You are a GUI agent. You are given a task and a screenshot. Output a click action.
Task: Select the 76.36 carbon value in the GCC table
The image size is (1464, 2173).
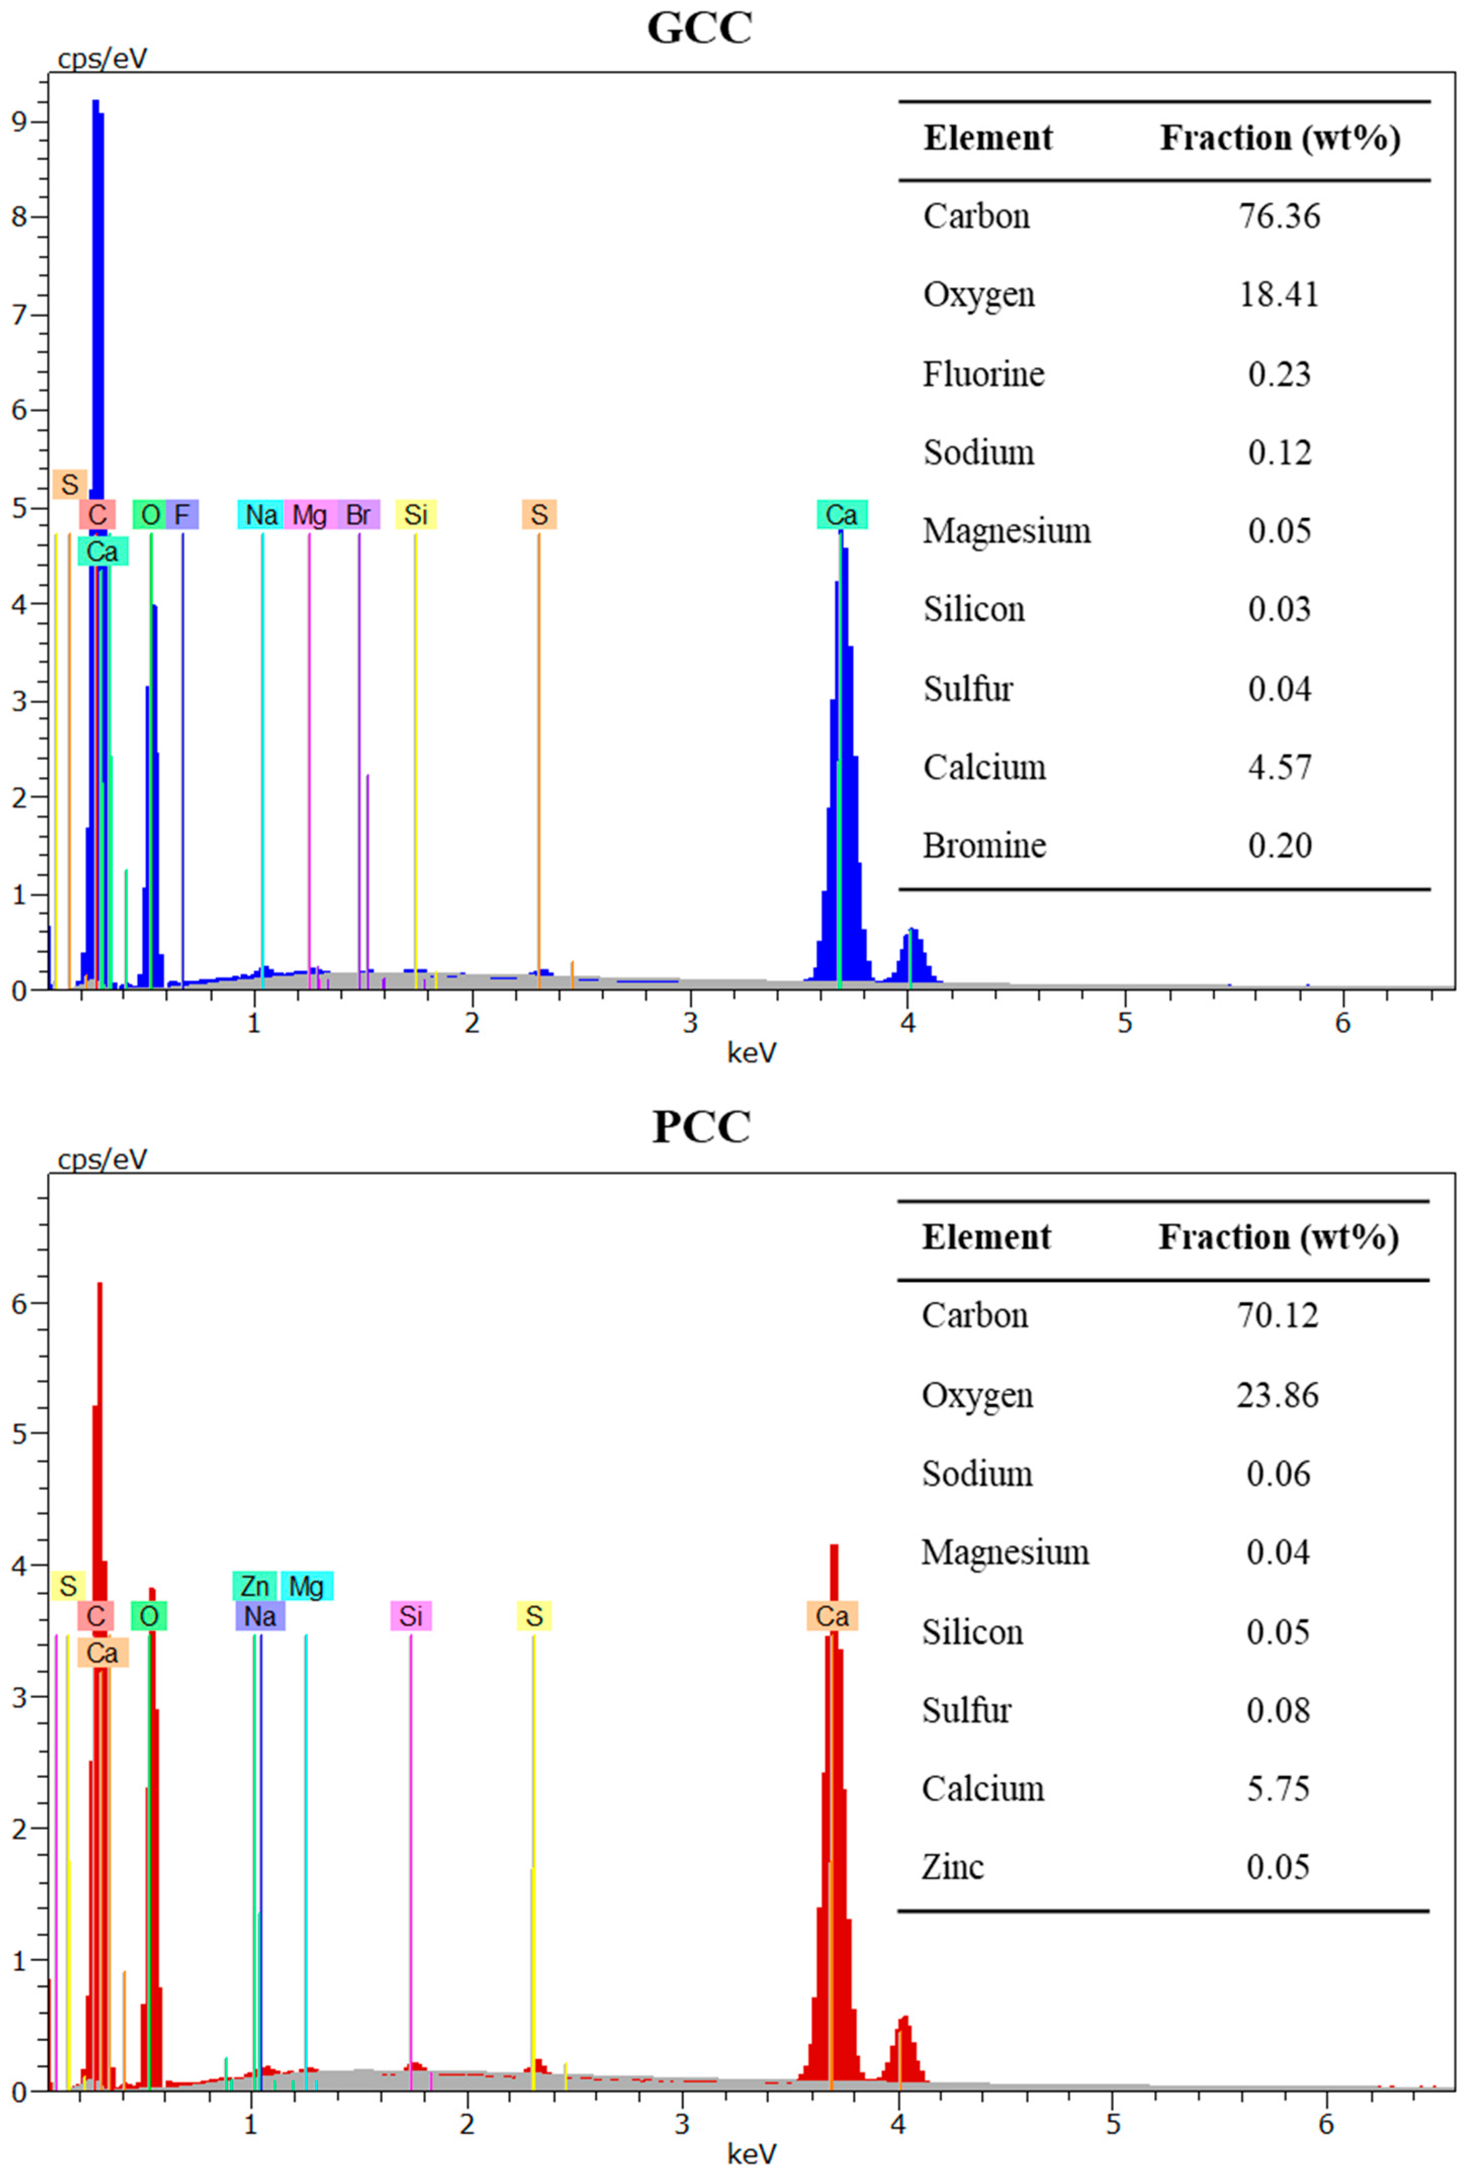tap(1279, 216)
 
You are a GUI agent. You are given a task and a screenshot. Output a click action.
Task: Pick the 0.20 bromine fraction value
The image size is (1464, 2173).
tap(1279, 845)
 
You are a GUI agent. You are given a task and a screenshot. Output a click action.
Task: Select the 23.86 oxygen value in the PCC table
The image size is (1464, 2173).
tap(1277, 1395)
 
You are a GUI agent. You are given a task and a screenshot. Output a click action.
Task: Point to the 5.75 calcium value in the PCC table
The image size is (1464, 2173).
tap(1277, 1788)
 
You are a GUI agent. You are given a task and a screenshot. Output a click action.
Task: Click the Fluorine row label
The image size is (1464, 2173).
tap(983, 374)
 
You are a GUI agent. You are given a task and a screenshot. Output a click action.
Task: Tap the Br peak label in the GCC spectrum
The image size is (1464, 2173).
tap(358, 514)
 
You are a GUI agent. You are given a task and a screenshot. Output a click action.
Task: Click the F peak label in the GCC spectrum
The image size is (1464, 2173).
tap(182, 514)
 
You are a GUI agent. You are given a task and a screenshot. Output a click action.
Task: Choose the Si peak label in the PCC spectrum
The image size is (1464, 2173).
tap(411, 1616)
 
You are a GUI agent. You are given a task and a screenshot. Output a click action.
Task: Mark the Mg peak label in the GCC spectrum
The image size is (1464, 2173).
tap(309, 514)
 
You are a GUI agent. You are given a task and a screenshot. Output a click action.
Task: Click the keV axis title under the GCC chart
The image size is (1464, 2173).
tap(752, 1053)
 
